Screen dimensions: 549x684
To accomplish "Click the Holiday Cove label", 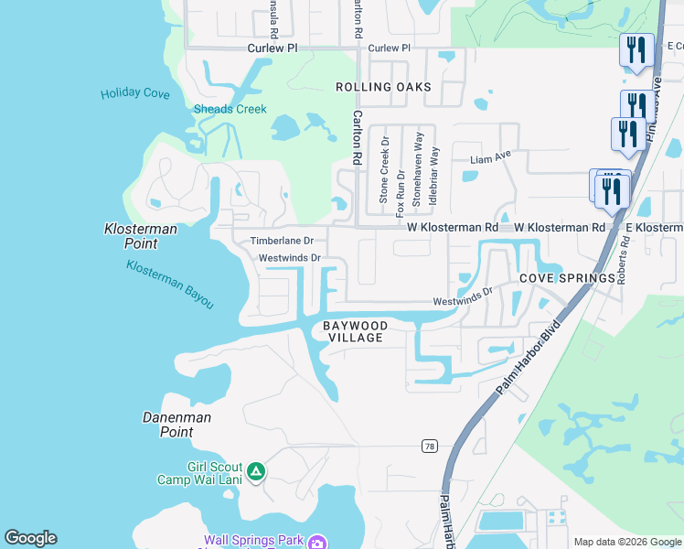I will [135, 93].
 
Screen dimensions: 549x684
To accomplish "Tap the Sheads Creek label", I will [230, 109].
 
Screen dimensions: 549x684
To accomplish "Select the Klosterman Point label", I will [143, 236].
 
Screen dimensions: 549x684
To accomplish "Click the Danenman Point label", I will [177, 425].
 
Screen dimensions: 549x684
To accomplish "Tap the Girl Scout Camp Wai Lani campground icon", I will [256, 472].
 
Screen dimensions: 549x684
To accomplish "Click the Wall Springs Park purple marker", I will [316, 542].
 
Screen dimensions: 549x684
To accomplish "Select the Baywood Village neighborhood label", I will [356, 331].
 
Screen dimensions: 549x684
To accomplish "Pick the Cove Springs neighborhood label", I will [567, 278].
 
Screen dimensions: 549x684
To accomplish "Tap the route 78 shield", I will [429, 447].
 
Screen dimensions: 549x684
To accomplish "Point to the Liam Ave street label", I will [490, 158].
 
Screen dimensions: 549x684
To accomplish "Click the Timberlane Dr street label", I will [283, 241].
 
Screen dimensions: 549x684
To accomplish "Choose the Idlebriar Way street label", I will [434, 174].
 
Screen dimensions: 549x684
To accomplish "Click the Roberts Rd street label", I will [623, 259].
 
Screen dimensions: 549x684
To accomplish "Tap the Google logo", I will [30, 538].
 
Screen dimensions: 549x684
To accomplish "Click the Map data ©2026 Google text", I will [627, 542].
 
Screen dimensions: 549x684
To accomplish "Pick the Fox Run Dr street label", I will [401, 177].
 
